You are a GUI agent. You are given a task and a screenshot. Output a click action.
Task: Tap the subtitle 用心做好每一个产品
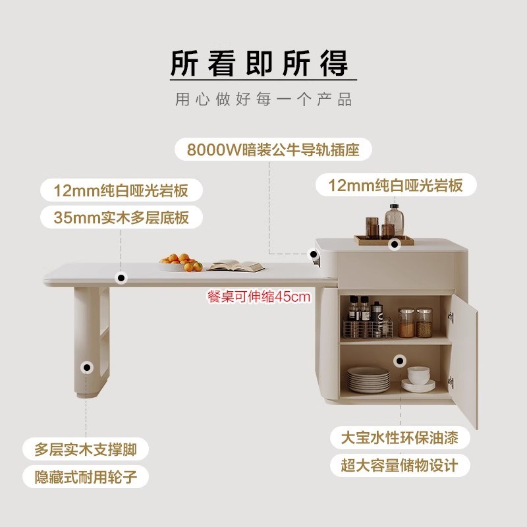coord(263,100)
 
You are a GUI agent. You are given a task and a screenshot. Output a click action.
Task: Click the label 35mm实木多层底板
coord(123,217)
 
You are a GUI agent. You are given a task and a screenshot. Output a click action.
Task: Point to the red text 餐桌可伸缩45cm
coord(258,297)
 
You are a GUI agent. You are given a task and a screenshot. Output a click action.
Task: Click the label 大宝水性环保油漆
coord(399,438)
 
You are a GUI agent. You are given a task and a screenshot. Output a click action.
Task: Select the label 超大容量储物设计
coord(399,466)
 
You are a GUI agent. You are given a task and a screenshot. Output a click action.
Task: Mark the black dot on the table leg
coord(87,367)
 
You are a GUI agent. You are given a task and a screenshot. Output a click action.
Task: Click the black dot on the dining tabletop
coord(121,277)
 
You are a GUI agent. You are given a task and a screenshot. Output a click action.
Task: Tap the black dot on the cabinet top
coord(395,244)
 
